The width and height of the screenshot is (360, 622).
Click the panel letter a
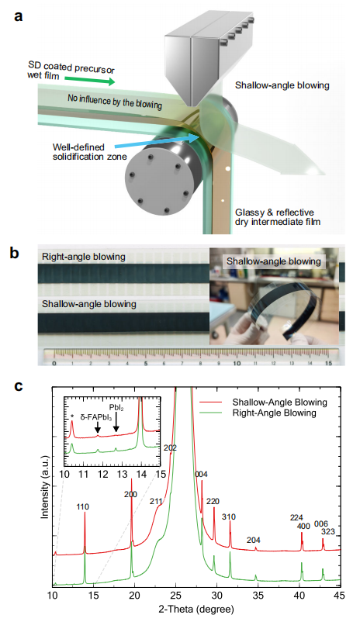18,17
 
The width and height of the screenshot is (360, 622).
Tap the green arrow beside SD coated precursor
90,80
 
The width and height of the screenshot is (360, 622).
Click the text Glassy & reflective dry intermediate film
278,216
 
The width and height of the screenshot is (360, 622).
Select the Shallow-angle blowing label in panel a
282,85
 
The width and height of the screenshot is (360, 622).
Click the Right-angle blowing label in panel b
83,257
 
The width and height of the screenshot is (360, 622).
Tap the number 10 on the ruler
237,363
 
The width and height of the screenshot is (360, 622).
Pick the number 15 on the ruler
328,363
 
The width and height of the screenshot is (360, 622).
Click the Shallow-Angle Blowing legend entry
280,403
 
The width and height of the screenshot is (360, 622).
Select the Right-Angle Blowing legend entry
274,413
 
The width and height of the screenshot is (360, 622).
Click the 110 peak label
82,506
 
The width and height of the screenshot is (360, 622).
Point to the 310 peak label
229,517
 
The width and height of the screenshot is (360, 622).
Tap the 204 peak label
253,540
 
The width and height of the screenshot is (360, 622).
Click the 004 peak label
201,474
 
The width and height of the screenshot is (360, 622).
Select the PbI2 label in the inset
116,408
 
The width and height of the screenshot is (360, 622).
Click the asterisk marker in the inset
72,416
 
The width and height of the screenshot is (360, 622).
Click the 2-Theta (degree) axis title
196,609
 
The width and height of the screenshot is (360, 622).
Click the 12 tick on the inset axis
102,474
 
